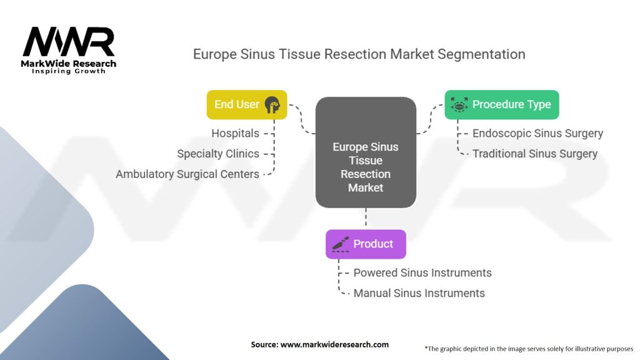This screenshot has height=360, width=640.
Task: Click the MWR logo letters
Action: point(69,42)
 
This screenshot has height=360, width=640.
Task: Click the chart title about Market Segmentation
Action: point(359,54)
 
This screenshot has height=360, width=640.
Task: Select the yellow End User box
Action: point(247,104)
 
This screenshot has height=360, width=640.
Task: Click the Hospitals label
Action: point(235,133)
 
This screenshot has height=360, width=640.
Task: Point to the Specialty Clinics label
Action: point(217,154)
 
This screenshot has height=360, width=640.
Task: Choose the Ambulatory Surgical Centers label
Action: point(187,174)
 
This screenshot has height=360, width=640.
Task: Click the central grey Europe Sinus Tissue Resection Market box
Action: point(366,152)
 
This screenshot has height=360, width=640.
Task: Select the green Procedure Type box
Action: point(501,104)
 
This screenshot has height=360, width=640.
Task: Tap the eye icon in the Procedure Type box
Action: point(459,105)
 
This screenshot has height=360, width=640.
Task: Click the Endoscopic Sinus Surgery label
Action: point(537,133)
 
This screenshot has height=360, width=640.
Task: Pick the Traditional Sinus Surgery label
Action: point(534,154)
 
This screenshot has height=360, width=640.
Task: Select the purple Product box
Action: point(366,244)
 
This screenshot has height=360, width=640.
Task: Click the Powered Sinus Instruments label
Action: point(422,272)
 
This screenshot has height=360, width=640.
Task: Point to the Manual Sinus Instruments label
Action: point(419,293)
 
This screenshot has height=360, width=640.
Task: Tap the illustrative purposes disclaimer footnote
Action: point(529,348)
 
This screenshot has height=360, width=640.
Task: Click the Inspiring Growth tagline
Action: point(69,71)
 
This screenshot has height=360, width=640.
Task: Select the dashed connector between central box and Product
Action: point(366,219)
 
